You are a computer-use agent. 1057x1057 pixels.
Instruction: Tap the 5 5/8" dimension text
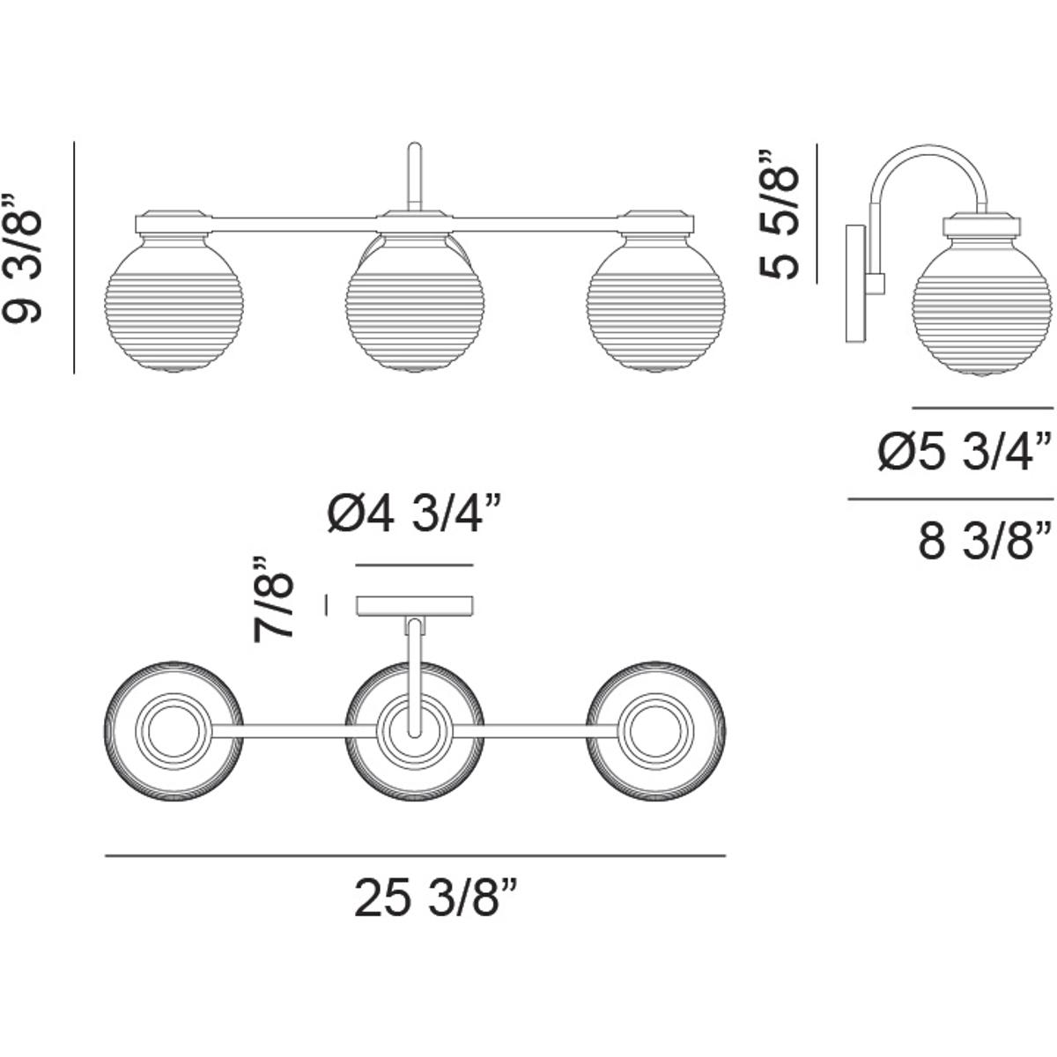click(x=778, y=214)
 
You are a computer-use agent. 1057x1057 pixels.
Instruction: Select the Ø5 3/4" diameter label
click(x=965, y=452)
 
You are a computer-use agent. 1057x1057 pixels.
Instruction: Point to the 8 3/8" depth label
click(x=986, y=542)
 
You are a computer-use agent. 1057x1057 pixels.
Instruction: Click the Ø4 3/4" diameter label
click(x=414, y=514)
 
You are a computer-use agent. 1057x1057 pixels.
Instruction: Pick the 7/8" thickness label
click(x=272, y=599)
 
